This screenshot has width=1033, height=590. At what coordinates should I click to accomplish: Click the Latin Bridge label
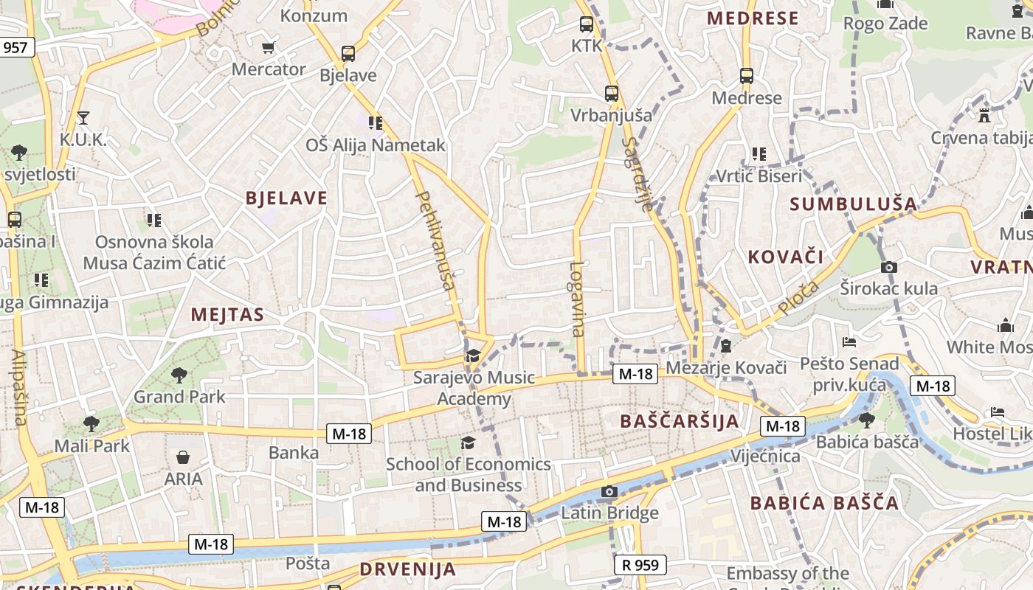click(609, 513)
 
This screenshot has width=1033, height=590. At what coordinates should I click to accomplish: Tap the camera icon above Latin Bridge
click(609, 492)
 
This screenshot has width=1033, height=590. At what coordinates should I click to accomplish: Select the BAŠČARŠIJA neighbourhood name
click(680, 421)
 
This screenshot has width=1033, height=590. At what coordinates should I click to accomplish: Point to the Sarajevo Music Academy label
click(474, 388)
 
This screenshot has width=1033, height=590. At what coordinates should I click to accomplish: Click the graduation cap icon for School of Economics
click(468, 442)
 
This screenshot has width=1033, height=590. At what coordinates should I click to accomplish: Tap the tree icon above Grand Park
click(179, 375)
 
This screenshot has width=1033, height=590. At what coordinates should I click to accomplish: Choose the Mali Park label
click(92, 445)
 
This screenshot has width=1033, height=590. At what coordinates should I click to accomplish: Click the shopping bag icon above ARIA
click(183, 458)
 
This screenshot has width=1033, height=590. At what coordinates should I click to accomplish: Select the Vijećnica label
click(765, 456)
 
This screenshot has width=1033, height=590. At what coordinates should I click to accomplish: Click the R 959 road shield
click(640, 565)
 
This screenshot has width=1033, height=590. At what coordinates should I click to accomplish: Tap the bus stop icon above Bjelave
click(348, 54)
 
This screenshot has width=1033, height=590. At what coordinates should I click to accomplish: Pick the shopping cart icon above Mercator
click(268, 48)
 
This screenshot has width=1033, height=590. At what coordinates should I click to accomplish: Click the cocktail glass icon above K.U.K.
click(83, 117)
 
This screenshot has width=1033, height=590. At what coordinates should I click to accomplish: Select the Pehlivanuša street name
click(435, 240)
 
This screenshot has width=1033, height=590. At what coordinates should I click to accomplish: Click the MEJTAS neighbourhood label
click(227, 315)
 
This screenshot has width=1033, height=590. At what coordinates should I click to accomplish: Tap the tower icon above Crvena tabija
click(984, 115)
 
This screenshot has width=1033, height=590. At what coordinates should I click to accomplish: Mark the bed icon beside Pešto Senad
click(849, 342)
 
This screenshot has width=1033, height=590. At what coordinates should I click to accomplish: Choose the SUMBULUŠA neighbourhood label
click(854, 204)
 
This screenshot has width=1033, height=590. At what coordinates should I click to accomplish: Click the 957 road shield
click(15, 48)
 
